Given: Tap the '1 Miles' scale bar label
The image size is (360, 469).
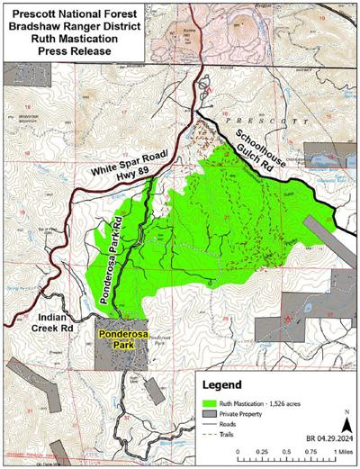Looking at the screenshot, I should [x=343, y=454].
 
